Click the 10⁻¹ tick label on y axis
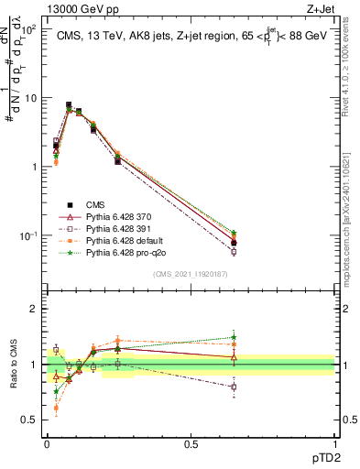pos(27,235)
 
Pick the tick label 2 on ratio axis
pos(33,309)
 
